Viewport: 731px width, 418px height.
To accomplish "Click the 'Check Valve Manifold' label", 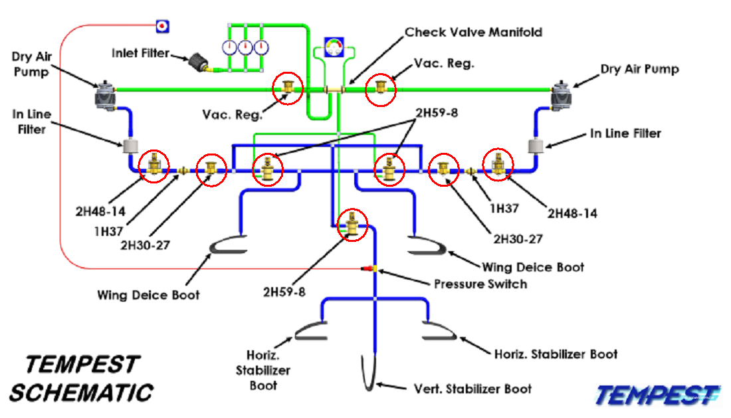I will point(473,32).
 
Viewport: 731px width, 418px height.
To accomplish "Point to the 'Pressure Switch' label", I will point(480,284).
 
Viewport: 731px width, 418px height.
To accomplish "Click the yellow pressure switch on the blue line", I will point(375,268).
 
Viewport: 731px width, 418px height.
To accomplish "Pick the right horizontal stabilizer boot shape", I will point(439,331).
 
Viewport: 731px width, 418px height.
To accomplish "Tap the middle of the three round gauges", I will point(246,47).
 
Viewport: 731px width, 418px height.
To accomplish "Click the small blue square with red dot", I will point(162,26).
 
